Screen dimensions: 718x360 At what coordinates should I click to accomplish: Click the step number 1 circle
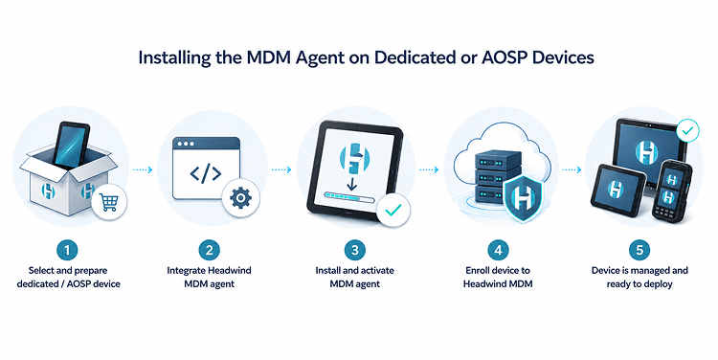point(67,250)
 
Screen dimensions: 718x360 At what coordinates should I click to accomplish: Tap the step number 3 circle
point(355,250)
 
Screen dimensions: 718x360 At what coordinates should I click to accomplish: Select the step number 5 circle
point(639,250)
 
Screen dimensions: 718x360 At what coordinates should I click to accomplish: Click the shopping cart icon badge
point(109,201)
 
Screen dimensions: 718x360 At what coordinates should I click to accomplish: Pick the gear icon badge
point(240,198)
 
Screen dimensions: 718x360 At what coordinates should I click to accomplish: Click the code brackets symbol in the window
point(206,173)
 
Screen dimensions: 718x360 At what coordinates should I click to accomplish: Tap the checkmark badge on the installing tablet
point(393,211)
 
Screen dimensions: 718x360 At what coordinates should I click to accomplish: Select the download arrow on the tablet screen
point(351,184)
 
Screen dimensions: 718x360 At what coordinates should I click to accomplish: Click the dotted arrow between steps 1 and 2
point(142,169)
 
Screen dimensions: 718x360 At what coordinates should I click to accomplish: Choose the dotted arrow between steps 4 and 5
point(572,169)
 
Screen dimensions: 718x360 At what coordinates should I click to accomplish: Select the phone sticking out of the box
point(71,145)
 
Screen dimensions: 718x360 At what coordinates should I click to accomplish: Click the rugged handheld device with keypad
point(671,190)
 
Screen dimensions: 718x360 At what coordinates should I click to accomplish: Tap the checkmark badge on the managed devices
point(687,131)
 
